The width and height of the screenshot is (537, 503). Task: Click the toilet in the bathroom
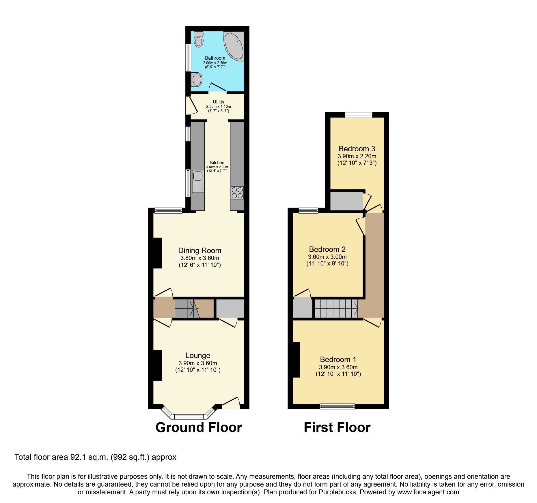(199, 40)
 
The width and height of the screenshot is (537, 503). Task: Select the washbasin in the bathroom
(197, 79)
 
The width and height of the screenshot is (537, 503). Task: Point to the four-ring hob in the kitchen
(237, 193)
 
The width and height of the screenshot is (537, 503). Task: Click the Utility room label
(218, 102)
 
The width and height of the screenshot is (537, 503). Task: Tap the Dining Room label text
(199, 250)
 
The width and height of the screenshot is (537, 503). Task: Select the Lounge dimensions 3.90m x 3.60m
(198, 363)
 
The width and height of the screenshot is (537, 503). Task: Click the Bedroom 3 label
(357, 149)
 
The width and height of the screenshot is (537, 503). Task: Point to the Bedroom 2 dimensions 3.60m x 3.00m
(327, 257)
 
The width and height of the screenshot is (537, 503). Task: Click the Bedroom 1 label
(338, 359)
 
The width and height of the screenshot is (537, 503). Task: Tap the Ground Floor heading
(199, 427)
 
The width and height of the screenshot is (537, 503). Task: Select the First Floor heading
(337, 427)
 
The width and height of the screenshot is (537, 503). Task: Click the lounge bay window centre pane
(189, 417)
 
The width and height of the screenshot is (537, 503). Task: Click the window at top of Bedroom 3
(358, 115)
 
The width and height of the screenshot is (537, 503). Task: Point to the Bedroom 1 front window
(337, 406)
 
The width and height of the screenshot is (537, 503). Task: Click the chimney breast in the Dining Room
(157, 253)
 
